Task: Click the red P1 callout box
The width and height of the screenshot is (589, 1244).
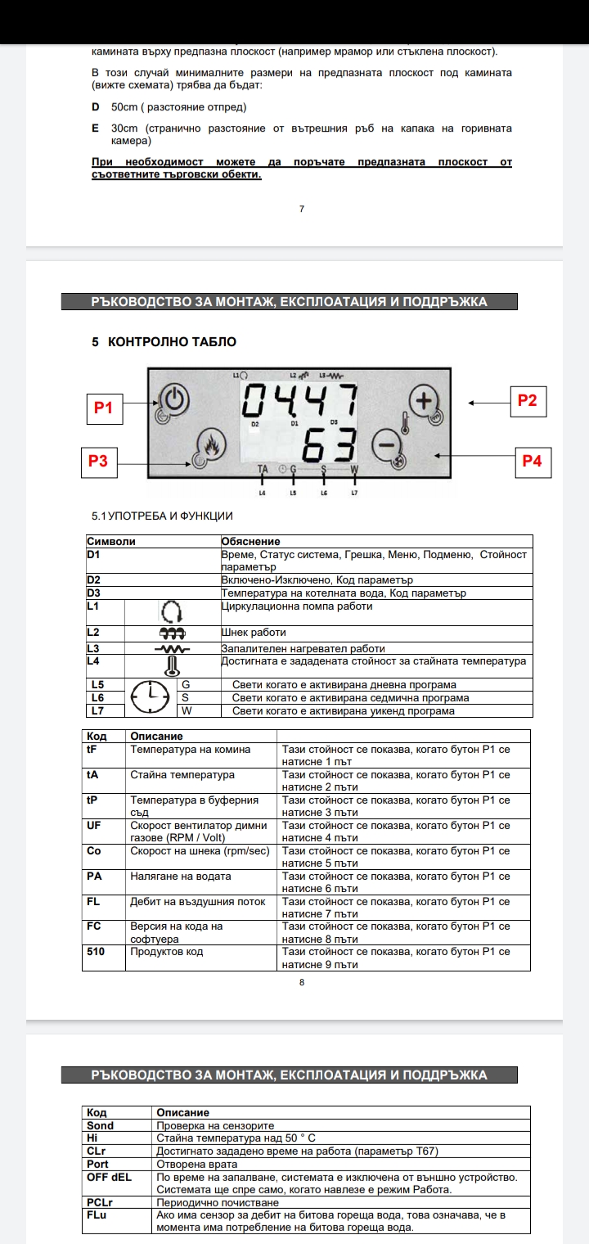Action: click(103, 408)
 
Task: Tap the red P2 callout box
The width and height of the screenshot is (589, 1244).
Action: click(527, 400)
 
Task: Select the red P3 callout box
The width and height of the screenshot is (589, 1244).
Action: click(98, 461)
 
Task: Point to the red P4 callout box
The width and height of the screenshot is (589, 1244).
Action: click(532, 461)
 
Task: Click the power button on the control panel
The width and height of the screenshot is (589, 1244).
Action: click(173, 400)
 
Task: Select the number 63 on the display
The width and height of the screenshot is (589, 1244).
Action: click(329, 448)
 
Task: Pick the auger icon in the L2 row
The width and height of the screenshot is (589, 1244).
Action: click(172, 633)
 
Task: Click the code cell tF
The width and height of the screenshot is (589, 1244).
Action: click(92, 749)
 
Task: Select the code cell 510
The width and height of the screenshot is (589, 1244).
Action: click(96, 952)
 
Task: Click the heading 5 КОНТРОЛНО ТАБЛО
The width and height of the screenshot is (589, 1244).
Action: click(164, 341)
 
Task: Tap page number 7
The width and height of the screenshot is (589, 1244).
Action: click(302, 209)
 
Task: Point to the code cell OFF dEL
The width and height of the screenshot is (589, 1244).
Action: click(109, 1177)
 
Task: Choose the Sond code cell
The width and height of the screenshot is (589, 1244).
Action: click(101, 1125)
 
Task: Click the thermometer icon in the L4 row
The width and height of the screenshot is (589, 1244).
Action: click(172, 665)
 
